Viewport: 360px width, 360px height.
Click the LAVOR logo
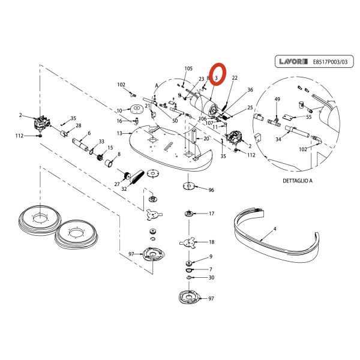(x=292, y=61)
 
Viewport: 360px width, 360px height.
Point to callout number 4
(x=274, y=229)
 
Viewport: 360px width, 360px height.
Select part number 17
(x=211, y=214)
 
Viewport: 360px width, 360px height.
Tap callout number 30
(x=211, y=278)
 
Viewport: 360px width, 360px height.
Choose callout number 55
(x=308, y=117)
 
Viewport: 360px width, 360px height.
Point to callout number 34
(x=278, y=139)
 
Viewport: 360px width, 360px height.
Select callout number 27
(x=117, y=184)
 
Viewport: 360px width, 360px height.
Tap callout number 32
(x=124, y=188)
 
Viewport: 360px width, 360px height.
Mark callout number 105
(x=188, y=68)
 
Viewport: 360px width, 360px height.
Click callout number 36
(x=250, y=89)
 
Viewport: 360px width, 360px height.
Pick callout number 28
(x=79, y=125)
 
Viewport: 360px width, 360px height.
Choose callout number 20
(x=206, y=139)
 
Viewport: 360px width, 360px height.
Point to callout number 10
(x=119, y=110)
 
